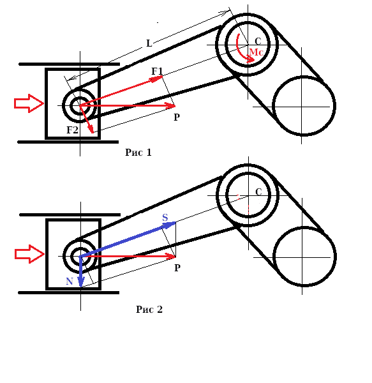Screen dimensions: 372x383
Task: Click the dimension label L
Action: coord(149,43)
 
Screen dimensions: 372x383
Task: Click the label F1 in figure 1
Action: coord(157,71)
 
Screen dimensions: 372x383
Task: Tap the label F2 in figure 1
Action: coord(73,130)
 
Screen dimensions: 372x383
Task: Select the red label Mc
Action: coord(256,52)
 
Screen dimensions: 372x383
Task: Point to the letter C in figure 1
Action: coord(258,41)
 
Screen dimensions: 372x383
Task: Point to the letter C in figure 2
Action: coord(258,192)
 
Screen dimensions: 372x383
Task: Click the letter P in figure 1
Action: coord(177,117)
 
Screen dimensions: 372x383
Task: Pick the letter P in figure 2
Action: coord(177,268)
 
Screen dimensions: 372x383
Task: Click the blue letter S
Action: coord(165,218)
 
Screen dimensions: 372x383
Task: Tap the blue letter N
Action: coord(70,282)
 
